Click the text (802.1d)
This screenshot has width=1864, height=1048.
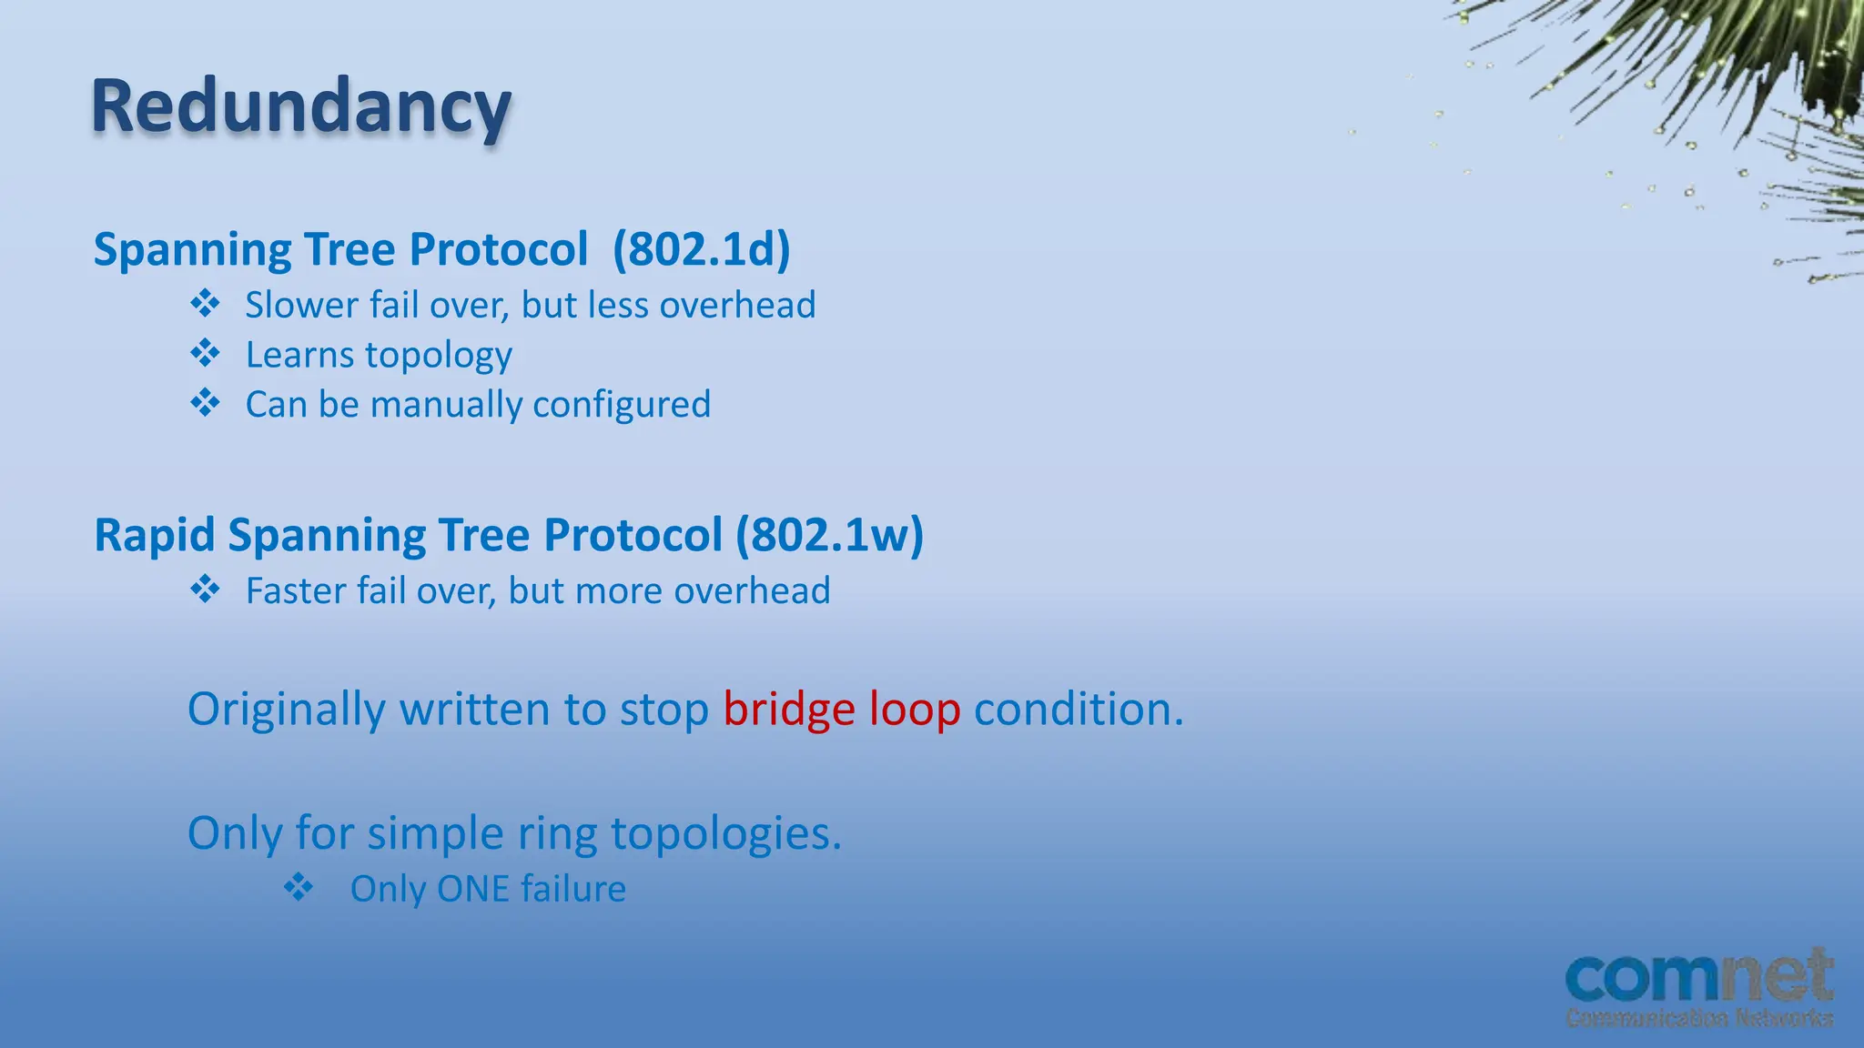tap(701, 249)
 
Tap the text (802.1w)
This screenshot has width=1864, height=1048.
tap(829, 535)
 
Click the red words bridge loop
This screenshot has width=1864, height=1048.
tap(841, 710)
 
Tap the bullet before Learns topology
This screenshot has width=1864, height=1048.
tap(205, 353)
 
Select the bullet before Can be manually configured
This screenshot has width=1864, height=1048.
tap(205, 402)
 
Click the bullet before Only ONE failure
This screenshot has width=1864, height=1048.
tap(298, 886)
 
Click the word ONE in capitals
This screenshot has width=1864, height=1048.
tap(472, 890)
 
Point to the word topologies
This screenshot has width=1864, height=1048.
tap(725, 834)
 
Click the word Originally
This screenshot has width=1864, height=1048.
tap(286, 710)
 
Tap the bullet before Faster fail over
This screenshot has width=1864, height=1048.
tap(205, 589)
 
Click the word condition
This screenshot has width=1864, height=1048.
tap(1079, 710)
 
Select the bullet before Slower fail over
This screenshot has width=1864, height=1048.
tap(205, 303)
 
